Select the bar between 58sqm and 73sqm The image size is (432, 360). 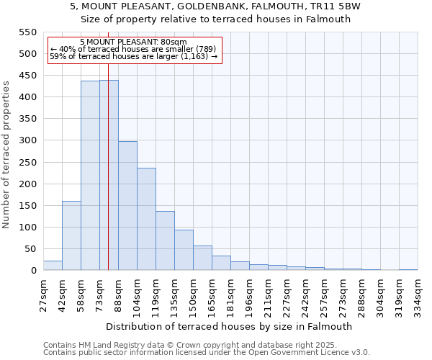click(x=90, y=176)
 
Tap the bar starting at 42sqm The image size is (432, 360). click(x=71, y=235)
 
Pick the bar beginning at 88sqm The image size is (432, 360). click(x=127, y=206)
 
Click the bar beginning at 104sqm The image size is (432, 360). click(x=146, y=219)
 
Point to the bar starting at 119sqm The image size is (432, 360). click(x=165, y=240)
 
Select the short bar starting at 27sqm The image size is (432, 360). click(x=53, y=266)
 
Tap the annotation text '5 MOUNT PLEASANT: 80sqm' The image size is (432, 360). click(x=133, y=42)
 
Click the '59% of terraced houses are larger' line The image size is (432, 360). click(x=133, y=56)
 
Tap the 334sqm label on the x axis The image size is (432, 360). click(x=418, y=296)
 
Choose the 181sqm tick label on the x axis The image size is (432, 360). click(x=230, y=296)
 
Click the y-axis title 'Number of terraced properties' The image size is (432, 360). click(x=6, y=155)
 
